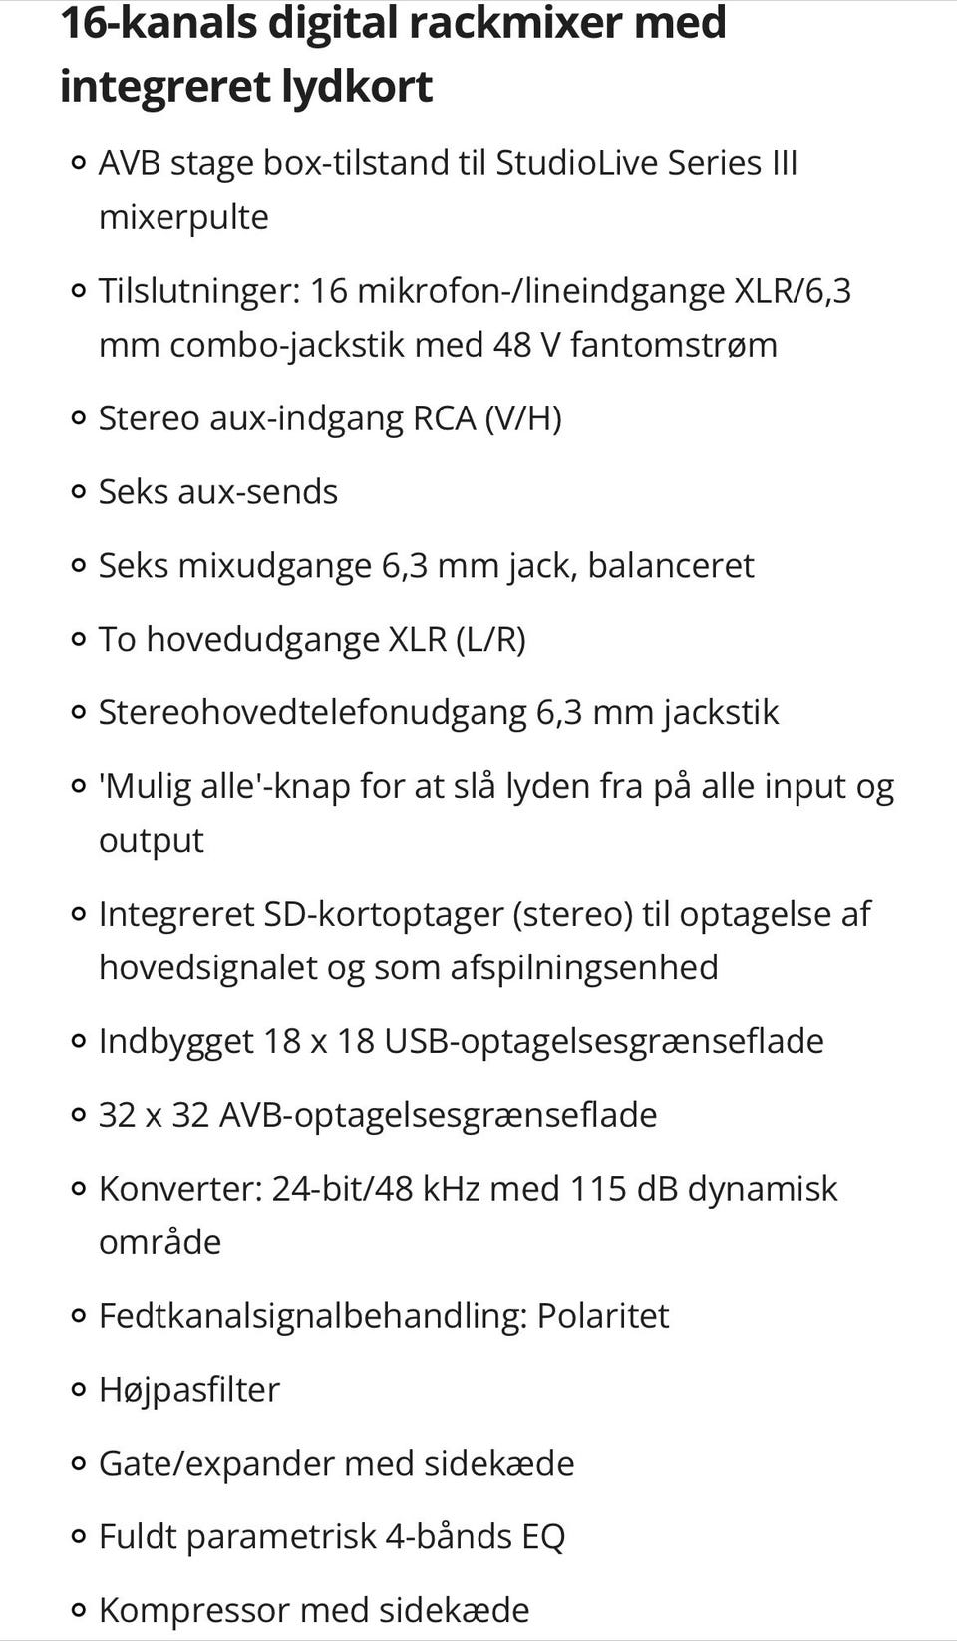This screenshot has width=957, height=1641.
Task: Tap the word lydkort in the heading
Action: [356, 86]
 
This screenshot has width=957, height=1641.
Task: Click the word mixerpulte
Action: [183, 216]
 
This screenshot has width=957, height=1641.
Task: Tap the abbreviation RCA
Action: [444, 417]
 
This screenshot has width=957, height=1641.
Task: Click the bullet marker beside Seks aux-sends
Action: [78, 492]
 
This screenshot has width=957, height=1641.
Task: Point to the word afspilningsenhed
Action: [583, 967]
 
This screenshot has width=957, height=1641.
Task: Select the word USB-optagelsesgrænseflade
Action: [603, 1041]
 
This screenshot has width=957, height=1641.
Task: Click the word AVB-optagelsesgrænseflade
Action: [438, 1115]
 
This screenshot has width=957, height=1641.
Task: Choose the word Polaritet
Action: [602, 1316]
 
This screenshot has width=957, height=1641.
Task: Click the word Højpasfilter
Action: [188, 1390]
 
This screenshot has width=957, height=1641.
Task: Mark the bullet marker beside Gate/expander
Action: [78, 1464]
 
